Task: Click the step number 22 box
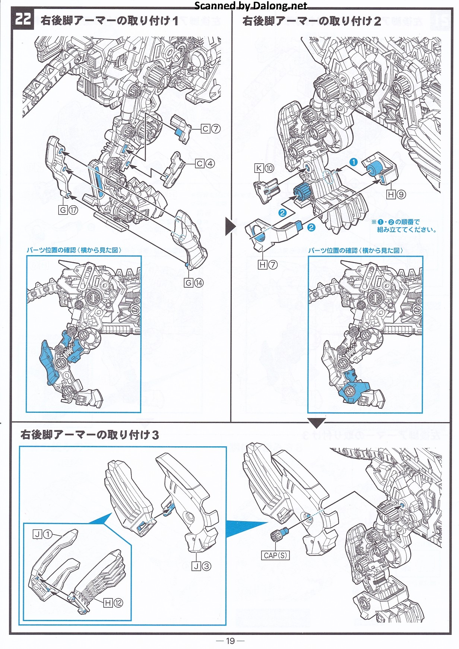coord(23,19)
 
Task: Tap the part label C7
coord(210,129)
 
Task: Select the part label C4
coord(205,164)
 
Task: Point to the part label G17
coord(69,210)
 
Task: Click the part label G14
coord(194,283)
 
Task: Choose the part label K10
coord(264,168)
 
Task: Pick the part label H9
coord(396,194)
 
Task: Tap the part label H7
coord(268,265)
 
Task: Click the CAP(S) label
coord(275,555)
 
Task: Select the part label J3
coord(202,566)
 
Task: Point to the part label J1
coord(42,535)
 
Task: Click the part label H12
coord(113,603)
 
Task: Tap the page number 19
coord(230,641)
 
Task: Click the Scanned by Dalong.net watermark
coord(251,6)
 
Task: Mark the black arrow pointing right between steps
coord(230,226)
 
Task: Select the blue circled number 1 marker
coord(353,162)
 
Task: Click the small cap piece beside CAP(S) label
coord(278,536)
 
